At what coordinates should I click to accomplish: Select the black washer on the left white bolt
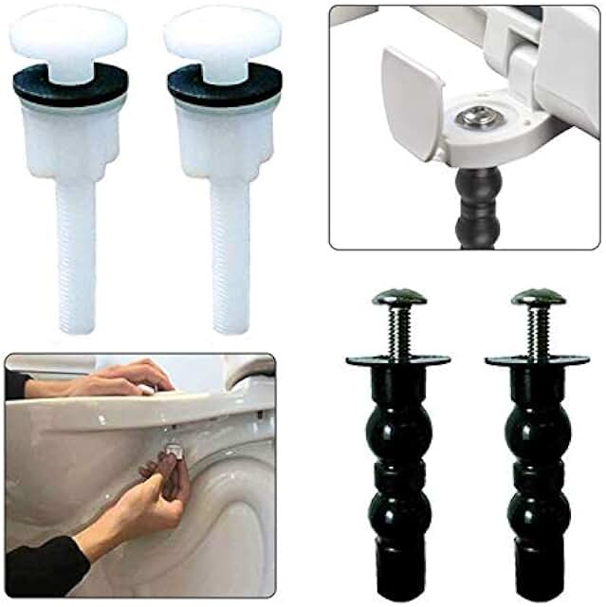click(69, 86)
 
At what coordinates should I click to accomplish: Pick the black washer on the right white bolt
click(225, 86)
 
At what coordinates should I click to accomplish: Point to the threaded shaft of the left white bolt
click(76, 256)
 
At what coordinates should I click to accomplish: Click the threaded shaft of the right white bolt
click(230, 256)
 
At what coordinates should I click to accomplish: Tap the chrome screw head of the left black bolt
click(398, 297)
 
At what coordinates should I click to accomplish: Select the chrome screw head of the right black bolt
click(538, 297)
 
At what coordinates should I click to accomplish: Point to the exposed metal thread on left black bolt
click(399, 330)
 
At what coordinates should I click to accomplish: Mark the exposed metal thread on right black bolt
click(539, 330)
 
